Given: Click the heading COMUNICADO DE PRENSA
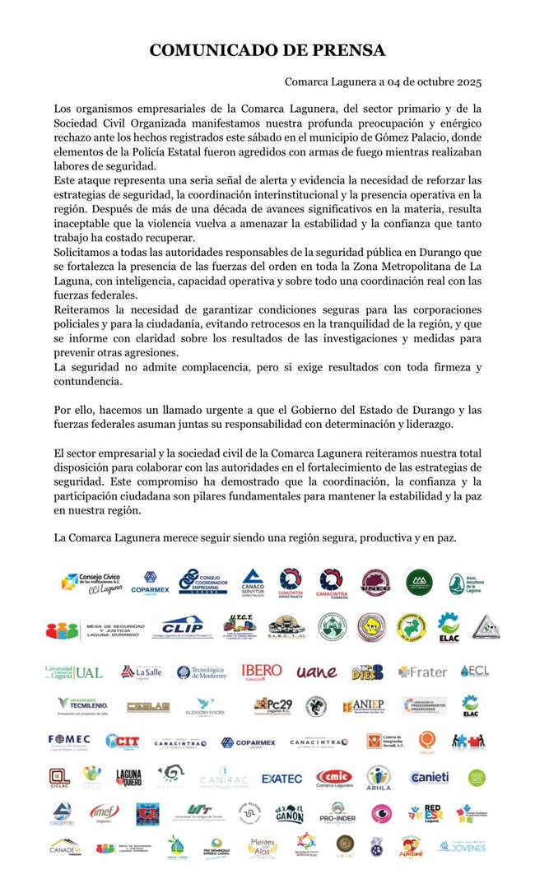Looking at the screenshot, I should tap(267, 51).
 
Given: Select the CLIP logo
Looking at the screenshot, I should tap(182, 627).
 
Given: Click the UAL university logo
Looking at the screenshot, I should tap(74, 672).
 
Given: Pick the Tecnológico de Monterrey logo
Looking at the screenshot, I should tap(201, 672).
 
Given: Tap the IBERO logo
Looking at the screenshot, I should tap(262, 671).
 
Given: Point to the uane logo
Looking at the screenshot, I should tap(317, 672).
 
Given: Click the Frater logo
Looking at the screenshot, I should tap(422, 672).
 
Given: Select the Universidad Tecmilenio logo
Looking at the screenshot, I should tap(81, 705).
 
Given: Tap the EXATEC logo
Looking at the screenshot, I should tap(281, 778).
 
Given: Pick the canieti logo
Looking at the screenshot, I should tap(429, 777).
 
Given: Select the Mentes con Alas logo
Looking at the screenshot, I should tap(262, 847).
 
